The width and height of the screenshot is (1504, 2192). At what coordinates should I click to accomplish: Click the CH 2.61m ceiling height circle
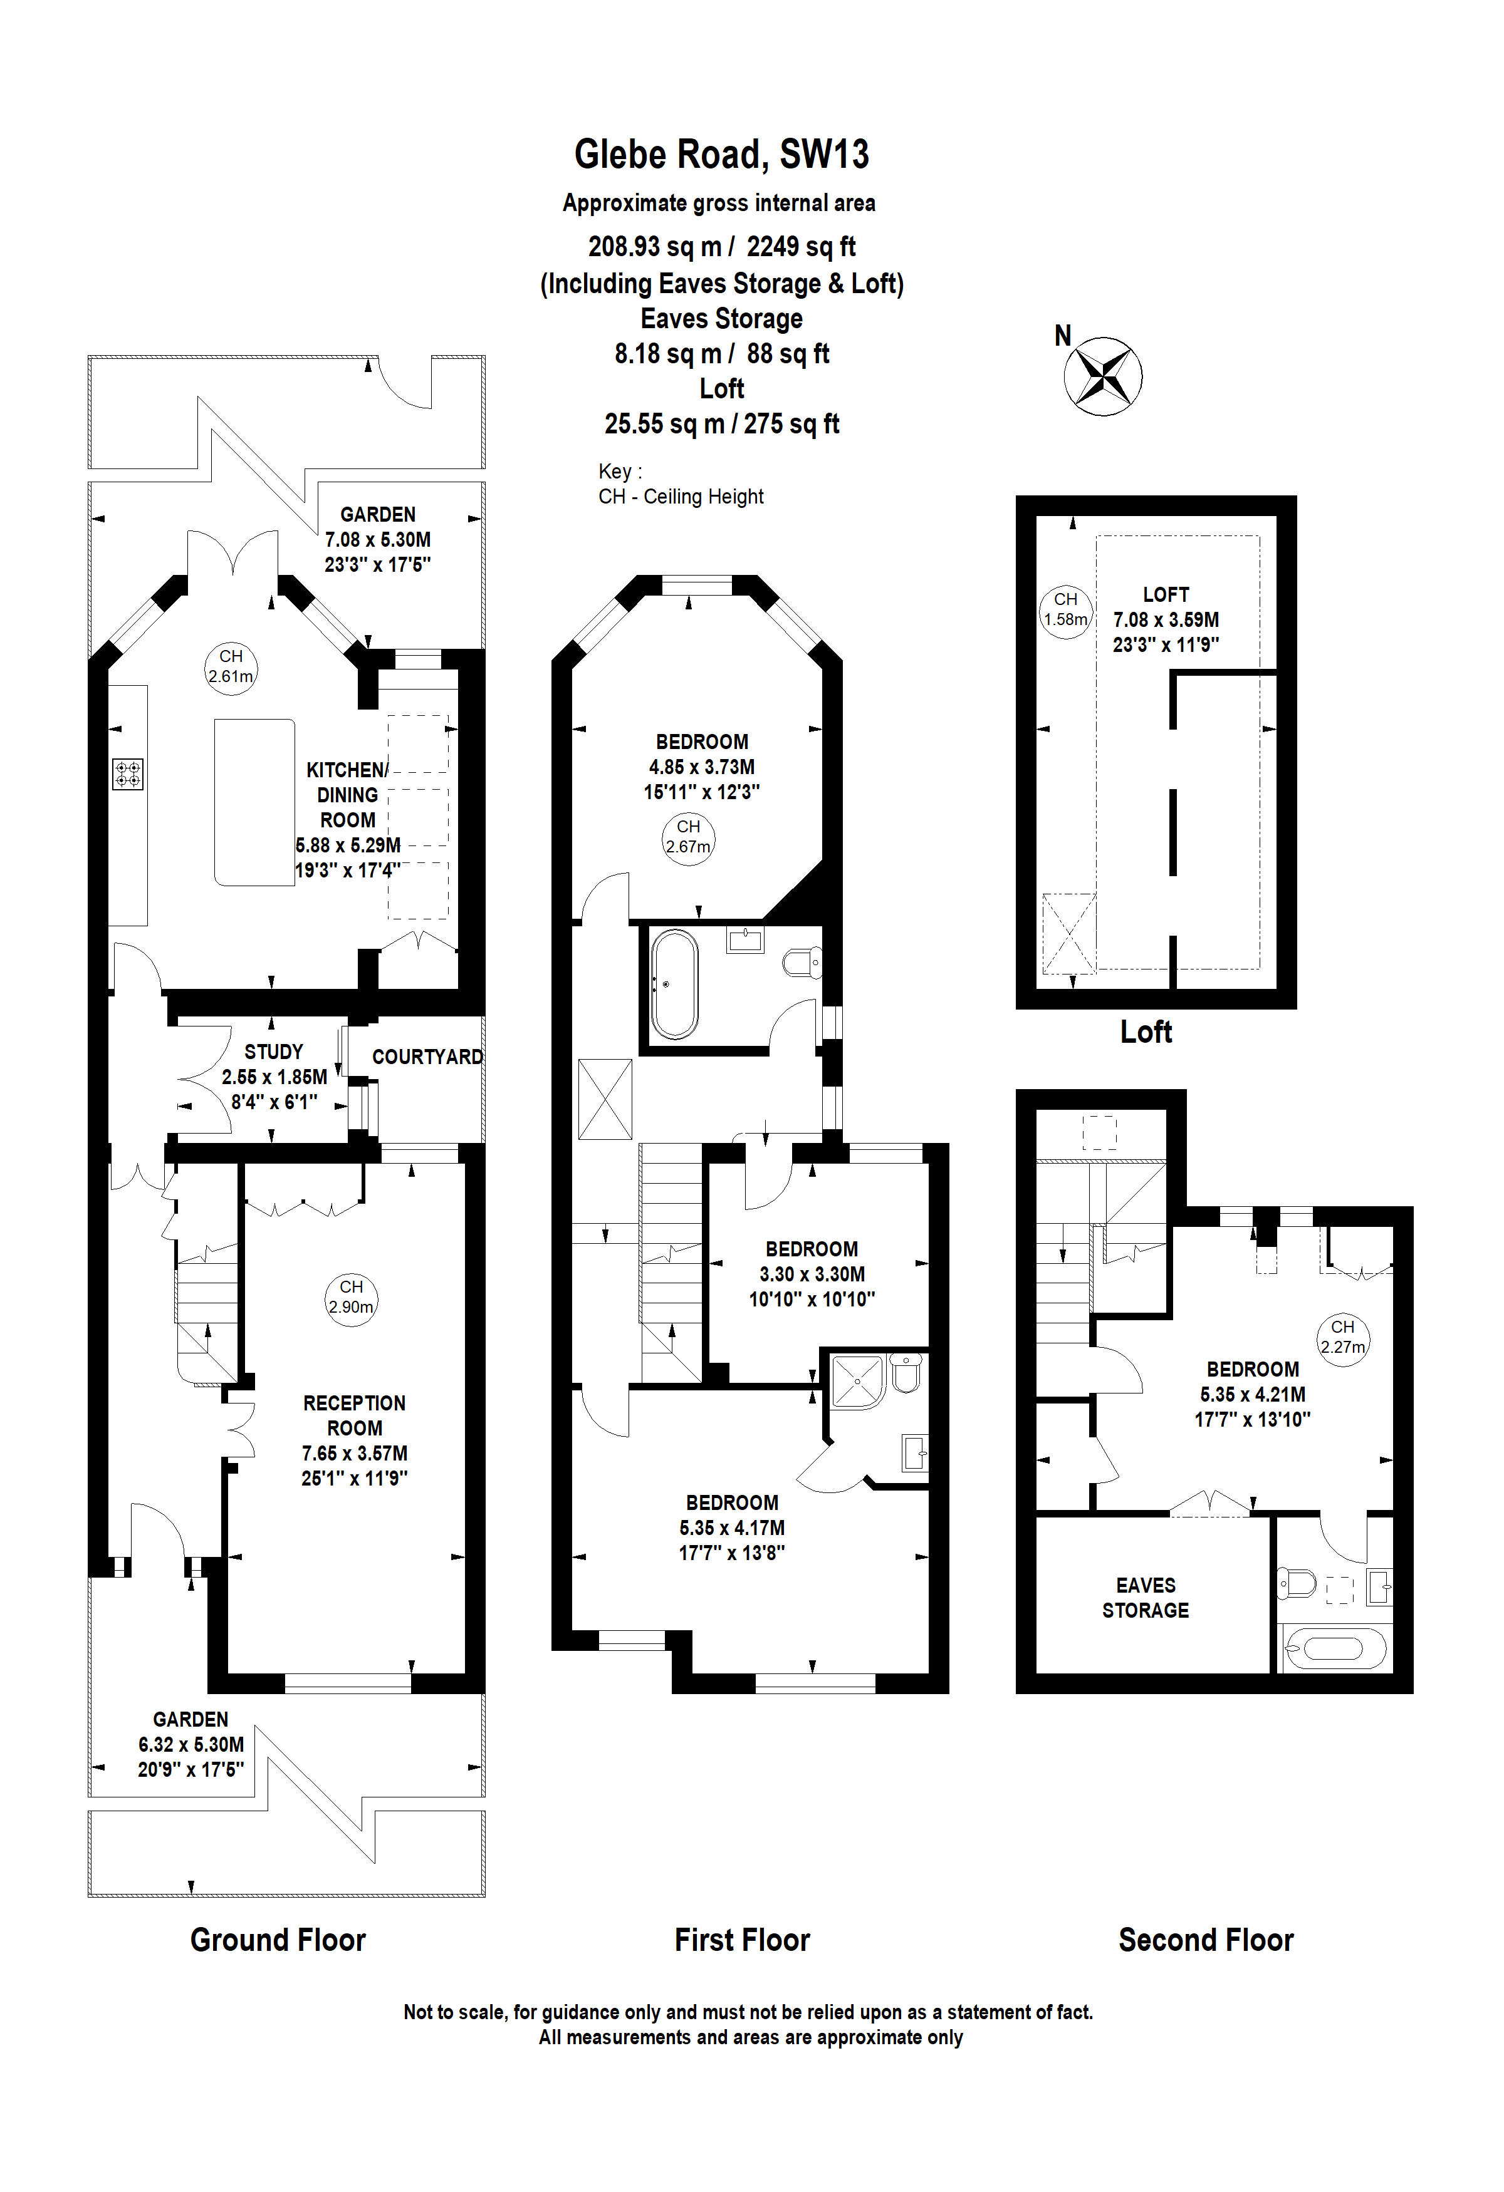pos(231,667)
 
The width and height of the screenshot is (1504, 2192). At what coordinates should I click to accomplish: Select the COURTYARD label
pos(427,1057)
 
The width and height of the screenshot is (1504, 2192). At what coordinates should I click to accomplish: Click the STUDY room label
pos(274,1052)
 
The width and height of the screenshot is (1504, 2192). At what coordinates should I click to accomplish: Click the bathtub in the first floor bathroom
pos(675,984)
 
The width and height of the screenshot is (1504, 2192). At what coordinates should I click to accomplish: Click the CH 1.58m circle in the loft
pos(1065,610)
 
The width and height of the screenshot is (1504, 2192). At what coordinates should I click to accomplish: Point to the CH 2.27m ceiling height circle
pos(1343,1338)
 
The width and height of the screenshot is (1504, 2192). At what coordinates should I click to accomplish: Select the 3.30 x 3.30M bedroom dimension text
pos(812,1274)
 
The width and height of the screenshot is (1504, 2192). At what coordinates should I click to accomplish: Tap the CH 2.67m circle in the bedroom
pos(688,837)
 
